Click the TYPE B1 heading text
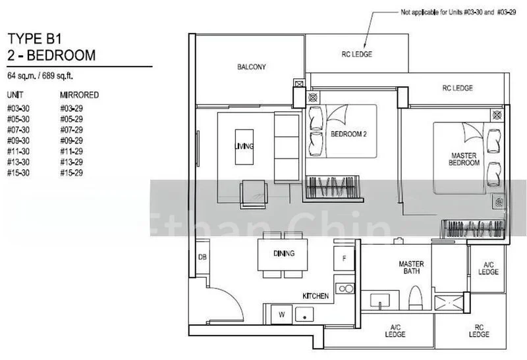point(32,38)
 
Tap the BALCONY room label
point(251,67)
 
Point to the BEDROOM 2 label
point(348,134)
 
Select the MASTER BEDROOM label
point(464,159)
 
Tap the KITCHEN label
point(315,296)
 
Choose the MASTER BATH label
point(411,268)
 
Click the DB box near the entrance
point(202,257)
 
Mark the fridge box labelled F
point(344,259)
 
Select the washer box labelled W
point(281,315)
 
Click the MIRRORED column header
point(79,95)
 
